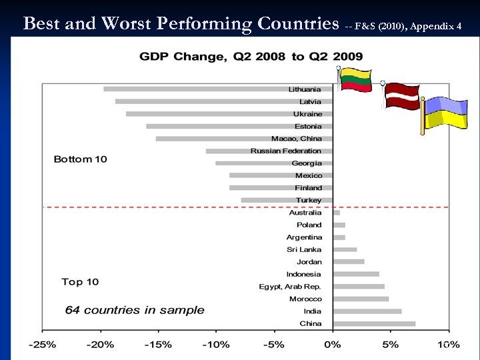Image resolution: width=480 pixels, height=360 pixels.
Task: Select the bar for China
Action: tap(375, 324)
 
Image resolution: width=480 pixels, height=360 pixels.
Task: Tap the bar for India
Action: tap(367, 311)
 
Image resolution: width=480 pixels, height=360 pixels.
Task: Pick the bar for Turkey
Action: tap(287, 200)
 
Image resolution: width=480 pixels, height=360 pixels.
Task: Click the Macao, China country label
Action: tap(296, 139)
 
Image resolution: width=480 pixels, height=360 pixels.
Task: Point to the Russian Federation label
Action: tap(286, 151)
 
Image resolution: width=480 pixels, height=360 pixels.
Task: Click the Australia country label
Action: tap(305, 213)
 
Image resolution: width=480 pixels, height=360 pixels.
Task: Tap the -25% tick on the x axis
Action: tap(42, 345)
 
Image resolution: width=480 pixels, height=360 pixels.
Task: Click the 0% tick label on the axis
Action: tap(333, 345)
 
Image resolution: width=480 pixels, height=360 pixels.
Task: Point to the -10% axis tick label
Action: tap(216, 345)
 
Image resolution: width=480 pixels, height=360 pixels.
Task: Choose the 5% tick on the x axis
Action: tap(391, 345)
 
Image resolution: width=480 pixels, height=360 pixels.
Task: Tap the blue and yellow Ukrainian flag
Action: tap(445, 113)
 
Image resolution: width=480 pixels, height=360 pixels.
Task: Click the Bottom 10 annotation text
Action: tap(80, 159)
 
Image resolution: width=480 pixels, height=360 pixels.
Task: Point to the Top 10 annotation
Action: tap(80, 282)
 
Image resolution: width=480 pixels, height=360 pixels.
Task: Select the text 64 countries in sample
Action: tap(135, 310)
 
